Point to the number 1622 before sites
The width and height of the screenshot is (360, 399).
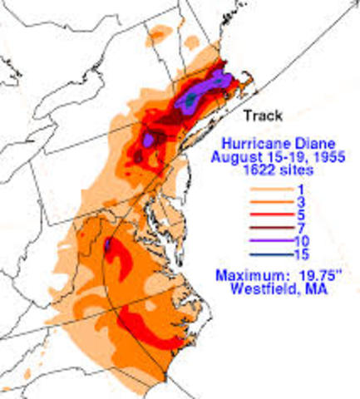pos(253,169)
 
